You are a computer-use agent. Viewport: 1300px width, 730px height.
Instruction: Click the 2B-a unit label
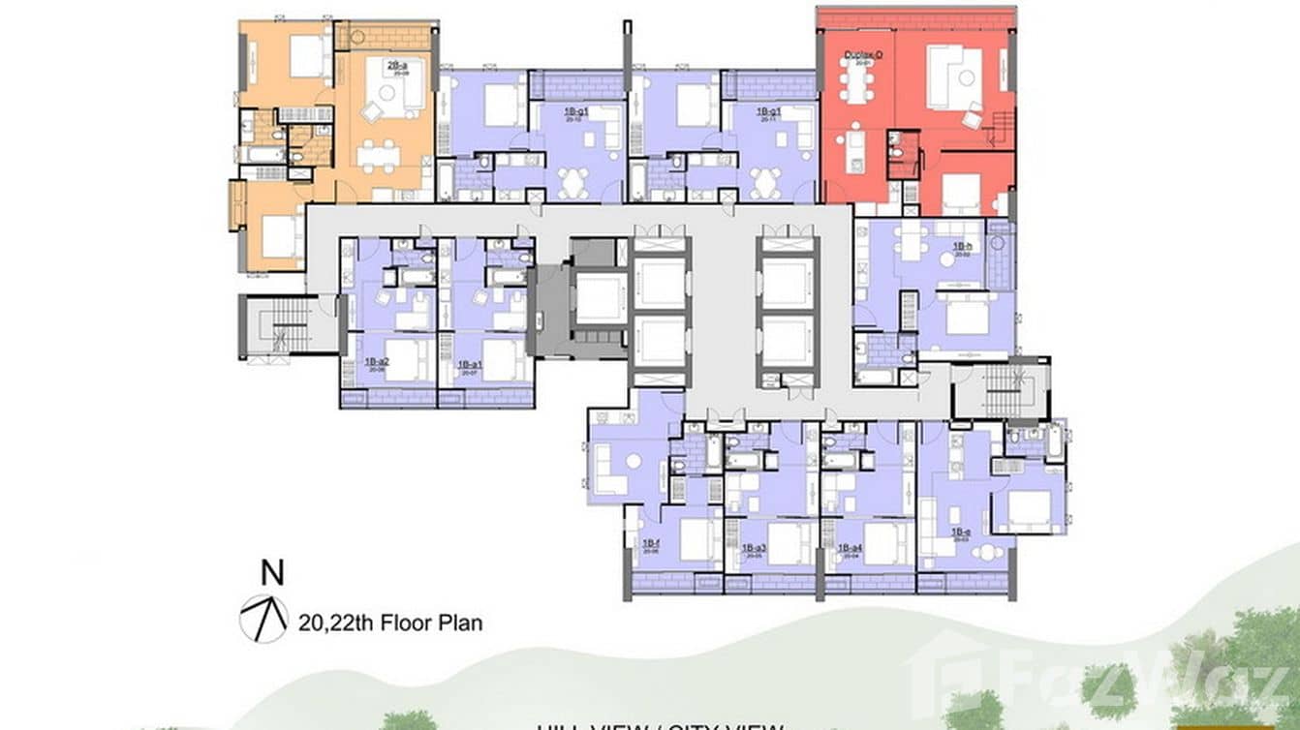[395, 67]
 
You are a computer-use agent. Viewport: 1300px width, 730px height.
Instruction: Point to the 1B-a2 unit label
[377, 364]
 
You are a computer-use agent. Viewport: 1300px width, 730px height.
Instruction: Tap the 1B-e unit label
[960, 532]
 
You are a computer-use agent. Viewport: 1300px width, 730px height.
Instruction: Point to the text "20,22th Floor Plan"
[390, 623]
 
